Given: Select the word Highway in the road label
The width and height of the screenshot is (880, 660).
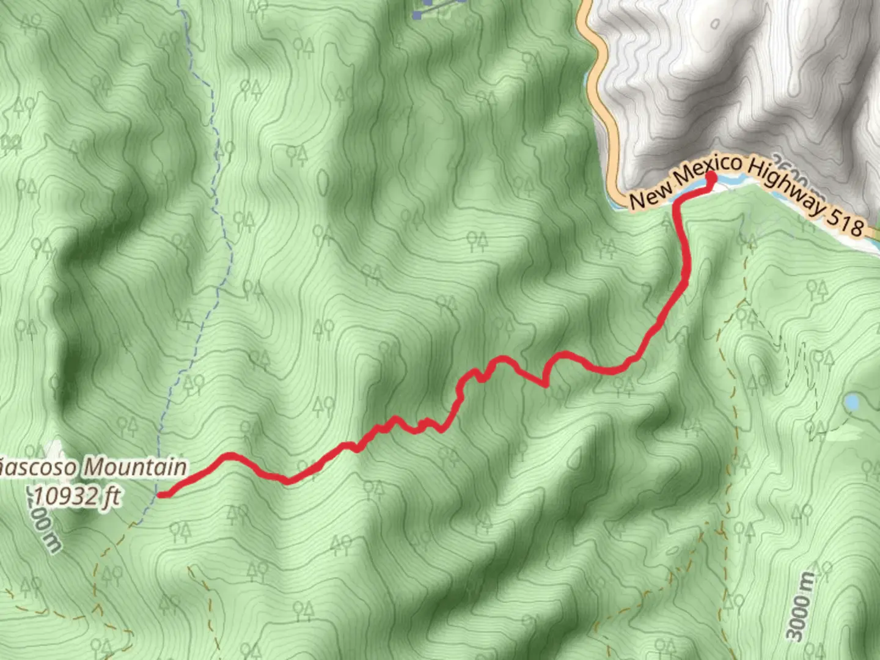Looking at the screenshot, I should click(783, 187).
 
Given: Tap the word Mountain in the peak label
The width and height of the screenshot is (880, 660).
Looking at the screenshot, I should click(134, 468).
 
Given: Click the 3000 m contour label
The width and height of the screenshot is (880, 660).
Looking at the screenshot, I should click(801, 606).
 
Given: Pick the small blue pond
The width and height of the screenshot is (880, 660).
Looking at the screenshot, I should click(851, 402).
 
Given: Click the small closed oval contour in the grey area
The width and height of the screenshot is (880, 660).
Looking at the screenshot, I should click(716, 24).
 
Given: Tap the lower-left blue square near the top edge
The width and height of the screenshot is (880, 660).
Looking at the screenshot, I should click(417, 15).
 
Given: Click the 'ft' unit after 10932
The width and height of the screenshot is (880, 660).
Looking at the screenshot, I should click(110, 496).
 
